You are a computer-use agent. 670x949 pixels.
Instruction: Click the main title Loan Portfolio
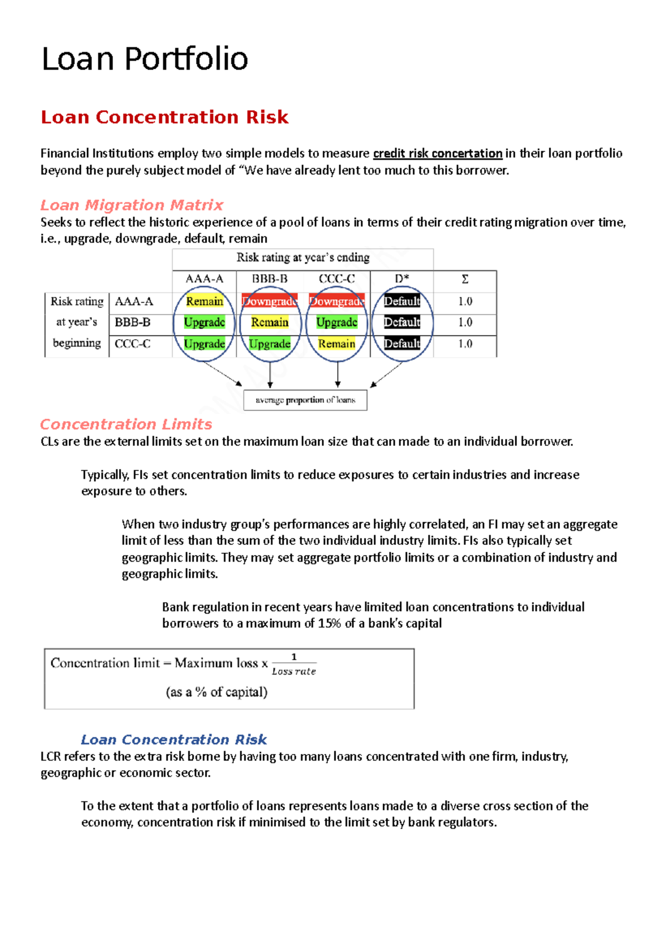(145, 59)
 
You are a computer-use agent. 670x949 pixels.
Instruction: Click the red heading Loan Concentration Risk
(165, 117)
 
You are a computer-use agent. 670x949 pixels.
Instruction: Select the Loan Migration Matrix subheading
(132, 205)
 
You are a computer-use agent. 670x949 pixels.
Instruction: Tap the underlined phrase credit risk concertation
(437, 154)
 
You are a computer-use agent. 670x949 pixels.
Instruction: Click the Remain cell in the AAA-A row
(204, 301)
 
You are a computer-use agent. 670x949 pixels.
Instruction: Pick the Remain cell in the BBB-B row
(270, 322)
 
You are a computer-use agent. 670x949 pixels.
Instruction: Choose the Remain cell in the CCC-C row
(337, 344)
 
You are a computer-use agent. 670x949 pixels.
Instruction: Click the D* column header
(402, 279)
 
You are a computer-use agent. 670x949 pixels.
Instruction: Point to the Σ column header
(465, 279)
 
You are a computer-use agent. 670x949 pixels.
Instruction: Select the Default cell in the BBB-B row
(402, 322)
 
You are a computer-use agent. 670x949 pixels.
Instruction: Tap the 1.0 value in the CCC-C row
(465, 344)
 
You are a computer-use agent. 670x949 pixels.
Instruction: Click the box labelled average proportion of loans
(305, 400)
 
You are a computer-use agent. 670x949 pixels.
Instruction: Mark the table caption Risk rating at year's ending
(303, 258)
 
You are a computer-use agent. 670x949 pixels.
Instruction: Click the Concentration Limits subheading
(126, 425)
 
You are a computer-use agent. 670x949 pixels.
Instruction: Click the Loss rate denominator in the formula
(294, 671)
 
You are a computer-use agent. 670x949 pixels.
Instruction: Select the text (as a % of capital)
(217, 692)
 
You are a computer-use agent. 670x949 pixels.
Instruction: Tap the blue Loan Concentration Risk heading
(174, 740)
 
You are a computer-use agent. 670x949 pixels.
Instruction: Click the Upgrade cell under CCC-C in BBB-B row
(337, 322)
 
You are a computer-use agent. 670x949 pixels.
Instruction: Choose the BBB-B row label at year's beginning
(132, 322)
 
